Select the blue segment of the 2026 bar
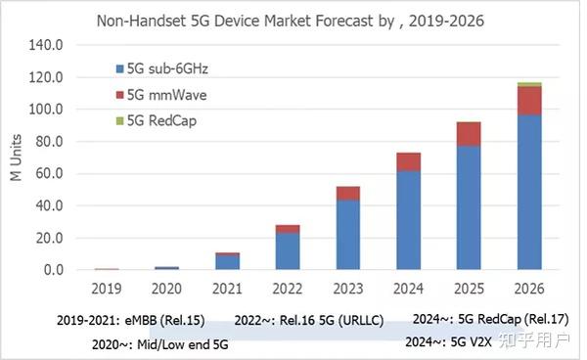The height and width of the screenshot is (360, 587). pos(529,192)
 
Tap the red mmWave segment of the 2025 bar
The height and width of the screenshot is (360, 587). pos(469,134)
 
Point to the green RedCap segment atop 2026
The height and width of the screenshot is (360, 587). pos(529,85)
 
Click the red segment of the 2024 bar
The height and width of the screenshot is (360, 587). pos(408,161)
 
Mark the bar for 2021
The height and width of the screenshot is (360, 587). pos(227,261)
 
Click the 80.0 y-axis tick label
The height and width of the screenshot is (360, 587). pos(50,142)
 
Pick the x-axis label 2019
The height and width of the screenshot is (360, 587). pos(106,290)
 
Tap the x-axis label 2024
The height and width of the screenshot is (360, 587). pos(408,290)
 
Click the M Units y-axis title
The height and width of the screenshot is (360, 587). pos(16,157)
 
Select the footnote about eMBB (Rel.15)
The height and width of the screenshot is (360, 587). pos(132,320)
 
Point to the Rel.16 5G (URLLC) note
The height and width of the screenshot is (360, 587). pos(308,320)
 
